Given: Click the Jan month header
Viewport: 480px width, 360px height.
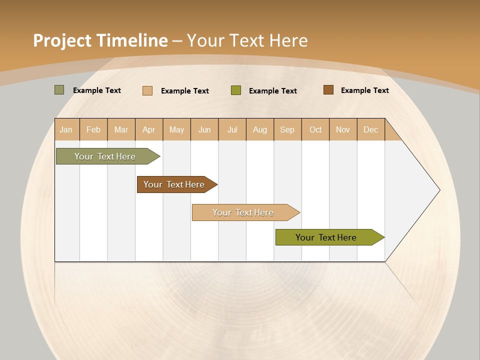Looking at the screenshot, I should pos(66,129).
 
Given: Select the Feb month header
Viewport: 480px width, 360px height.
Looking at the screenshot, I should pos(93,129).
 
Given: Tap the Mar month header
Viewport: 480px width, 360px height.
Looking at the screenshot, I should pos(121,129).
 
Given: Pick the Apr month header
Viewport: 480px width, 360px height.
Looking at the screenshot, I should pos(149,129).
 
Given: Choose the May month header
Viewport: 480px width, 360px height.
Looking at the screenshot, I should pos(176,129).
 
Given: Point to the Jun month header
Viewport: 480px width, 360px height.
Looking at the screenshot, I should pos(204,129).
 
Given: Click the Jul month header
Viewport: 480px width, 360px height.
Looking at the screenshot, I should pos(232,129).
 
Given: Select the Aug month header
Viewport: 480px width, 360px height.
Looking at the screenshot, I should pos(260,129).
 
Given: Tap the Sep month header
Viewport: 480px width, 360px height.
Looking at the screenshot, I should pos(287,129).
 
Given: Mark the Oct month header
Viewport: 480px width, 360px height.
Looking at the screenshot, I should pos(315,129).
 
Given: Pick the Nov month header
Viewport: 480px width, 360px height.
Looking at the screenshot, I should pos(343,129).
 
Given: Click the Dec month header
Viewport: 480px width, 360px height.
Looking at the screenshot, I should pos(370,129).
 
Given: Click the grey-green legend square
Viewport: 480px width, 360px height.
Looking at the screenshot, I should pos(59,90).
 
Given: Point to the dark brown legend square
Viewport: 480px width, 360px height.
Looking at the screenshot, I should pos(328,90).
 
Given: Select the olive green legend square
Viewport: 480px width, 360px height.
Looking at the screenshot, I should pos(236,90).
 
